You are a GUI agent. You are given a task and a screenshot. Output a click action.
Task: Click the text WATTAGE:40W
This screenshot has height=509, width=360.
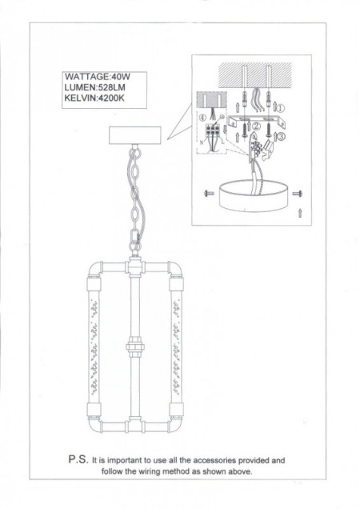pyautogui.click(x=96, y=78)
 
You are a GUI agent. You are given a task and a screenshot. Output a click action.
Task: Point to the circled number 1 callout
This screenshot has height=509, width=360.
pyautogui.click(x=281, y=106)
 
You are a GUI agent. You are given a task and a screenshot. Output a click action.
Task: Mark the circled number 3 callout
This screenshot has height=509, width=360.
pyautogui.click(x=280, y=136)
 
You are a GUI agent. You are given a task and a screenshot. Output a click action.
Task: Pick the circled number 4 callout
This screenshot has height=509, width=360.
pyautogui.click(x=204, y=118)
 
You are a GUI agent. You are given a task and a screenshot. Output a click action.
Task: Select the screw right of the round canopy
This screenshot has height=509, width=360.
pyautogui.click(x=297, y=193)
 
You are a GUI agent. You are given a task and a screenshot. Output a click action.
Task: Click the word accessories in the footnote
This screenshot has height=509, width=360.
pyautogui.click(x=209, y=462)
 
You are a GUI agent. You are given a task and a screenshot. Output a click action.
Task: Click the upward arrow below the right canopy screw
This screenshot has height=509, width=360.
pyautogui.click(x=299, y=212)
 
